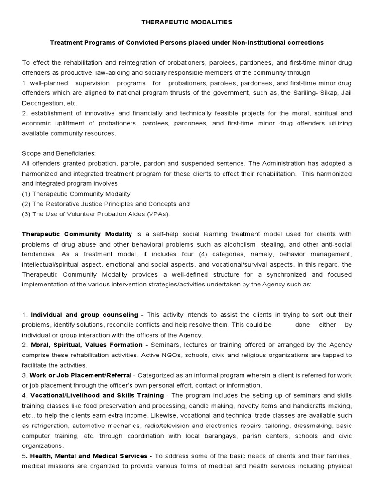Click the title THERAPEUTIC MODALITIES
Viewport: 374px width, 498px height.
pyautogui.click(x=187, y=22)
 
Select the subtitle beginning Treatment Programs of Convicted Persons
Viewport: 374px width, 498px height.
pyautogui.click(x=187, y=43)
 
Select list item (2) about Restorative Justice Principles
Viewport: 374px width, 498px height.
pyautogui.click(x=106, y=204)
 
